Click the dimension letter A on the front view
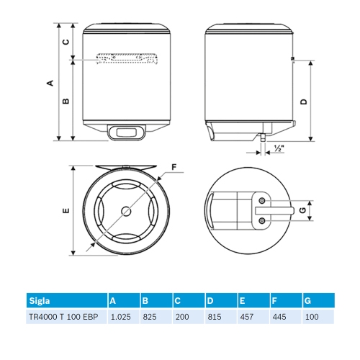click(50, 83)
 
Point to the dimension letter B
click(66, 102)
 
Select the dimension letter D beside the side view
click(304, 102)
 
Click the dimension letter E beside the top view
click(66, 210)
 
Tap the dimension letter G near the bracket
click(303, 210)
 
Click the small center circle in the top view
click(127, 211)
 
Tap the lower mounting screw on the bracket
click(262, 220)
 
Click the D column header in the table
click(210, 300)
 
